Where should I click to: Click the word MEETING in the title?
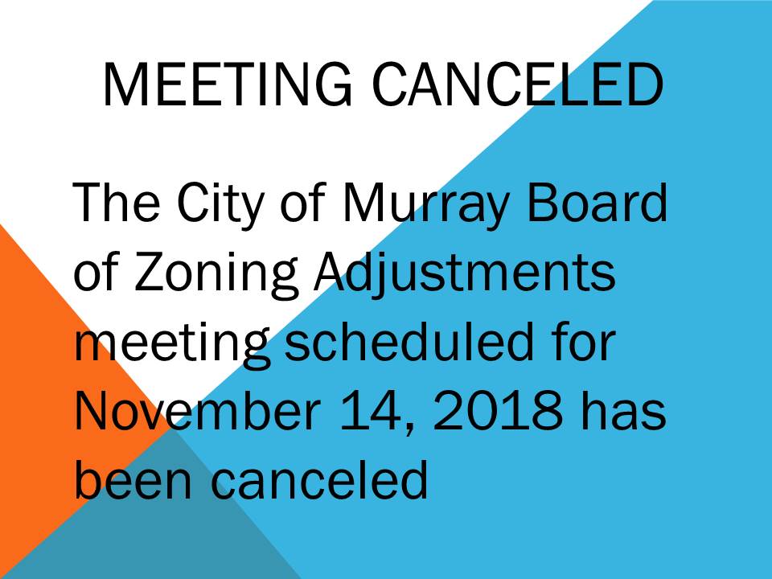(227, 84)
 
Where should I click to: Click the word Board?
(597, 202)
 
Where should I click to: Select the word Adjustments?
(464, 273)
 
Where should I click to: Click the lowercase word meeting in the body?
(172, 345)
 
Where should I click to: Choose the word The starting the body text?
(116, 202)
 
